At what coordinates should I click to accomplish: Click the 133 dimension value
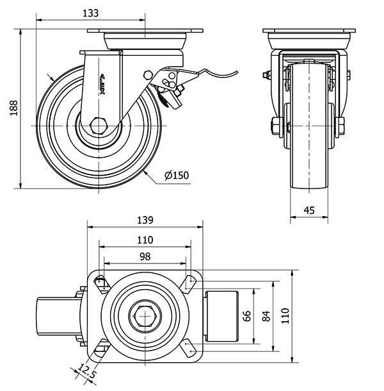pyautogui.click(x=91, y=13)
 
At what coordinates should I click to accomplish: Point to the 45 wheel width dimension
pyautogui.click(x=310, y=209)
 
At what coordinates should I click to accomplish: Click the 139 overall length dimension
pyautogui.click(x=144, y=220)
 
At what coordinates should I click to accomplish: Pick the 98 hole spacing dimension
pyautogui.click(x=144, y=256)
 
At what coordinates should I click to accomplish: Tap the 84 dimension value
pyautogui.click(x=266, y=315)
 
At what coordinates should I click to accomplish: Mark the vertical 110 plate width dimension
pyautogui.click(x=286, y=315)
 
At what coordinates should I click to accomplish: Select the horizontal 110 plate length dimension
pyautogui.click(x=144, y=240)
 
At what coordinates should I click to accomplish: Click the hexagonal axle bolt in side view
pyautogui.click(x=99, y=124)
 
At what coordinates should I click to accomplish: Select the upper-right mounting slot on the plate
pyautogui.click(x=189, y=282)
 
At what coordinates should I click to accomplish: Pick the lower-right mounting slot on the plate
pyautogui.click(x=189, y=348)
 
